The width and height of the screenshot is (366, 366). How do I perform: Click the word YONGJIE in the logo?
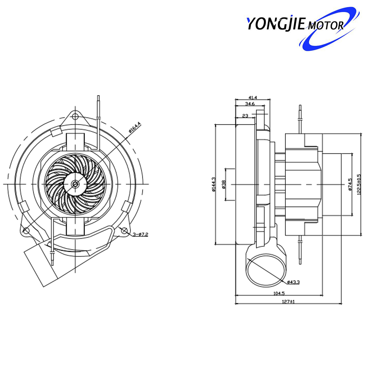(x=277, y=24)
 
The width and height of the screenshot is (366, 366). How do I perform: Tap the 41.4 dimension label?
(x=253, y=97)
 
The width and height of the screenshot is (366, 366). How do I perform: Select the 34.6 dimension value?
(x=250, y=104)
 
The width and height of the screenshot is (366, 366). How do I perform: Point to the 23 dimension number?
(x=246, y=116)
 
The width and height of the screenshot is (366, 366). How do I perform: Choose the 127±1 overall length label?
(x=289, y=302)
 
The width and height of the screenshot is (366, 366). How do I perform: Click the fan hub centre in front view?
(x=75, y=184)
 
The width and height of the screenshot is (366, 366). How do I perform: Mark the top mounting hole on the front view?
(x=75, y=117)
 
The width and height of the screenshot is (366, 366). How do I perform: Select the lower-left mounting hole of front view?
(x=25, y=230)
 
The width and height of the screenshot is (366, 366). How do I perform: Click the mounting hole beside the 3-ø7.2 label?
(x=124, y=231)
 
